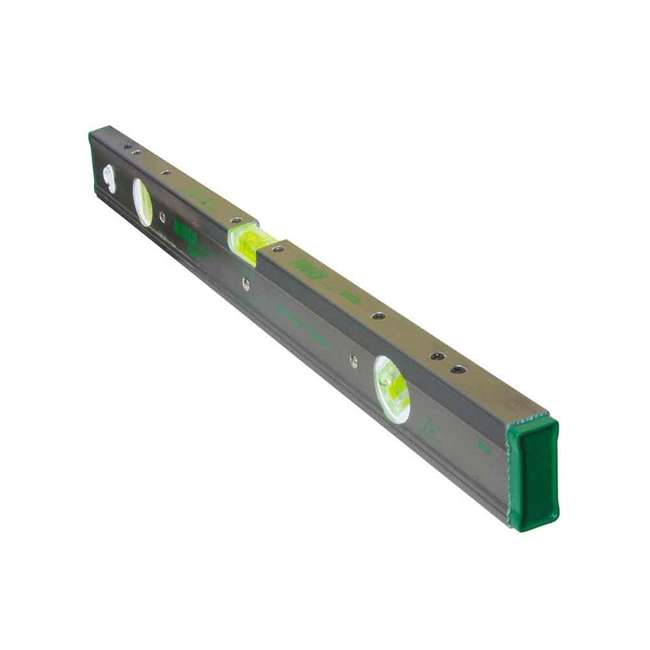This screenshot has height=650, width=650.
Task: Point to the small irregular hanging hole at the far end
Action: click(108, 178)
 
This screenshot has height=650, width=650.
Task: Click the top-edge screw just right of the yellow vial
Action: click(277, 250)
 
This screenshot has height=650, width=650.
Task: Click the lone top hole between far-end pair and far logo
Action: click(163, 173)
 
